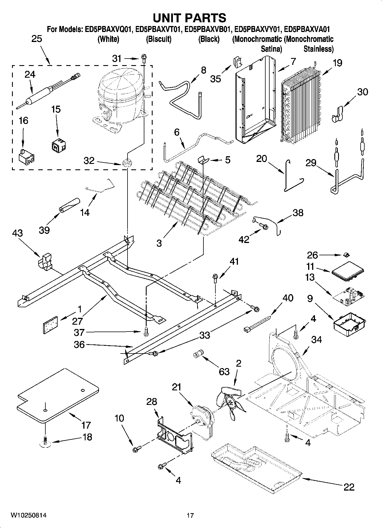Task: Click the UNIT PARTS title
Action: point(190,18)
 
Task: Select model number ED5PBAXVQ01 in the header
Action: point(108,29)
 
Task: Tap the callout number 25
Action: point(37,39)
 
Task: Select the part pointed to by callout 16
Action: point(26,157)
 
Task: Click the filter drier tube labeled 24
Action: point(43,93)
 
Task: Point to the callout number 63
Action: point(224,372)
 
